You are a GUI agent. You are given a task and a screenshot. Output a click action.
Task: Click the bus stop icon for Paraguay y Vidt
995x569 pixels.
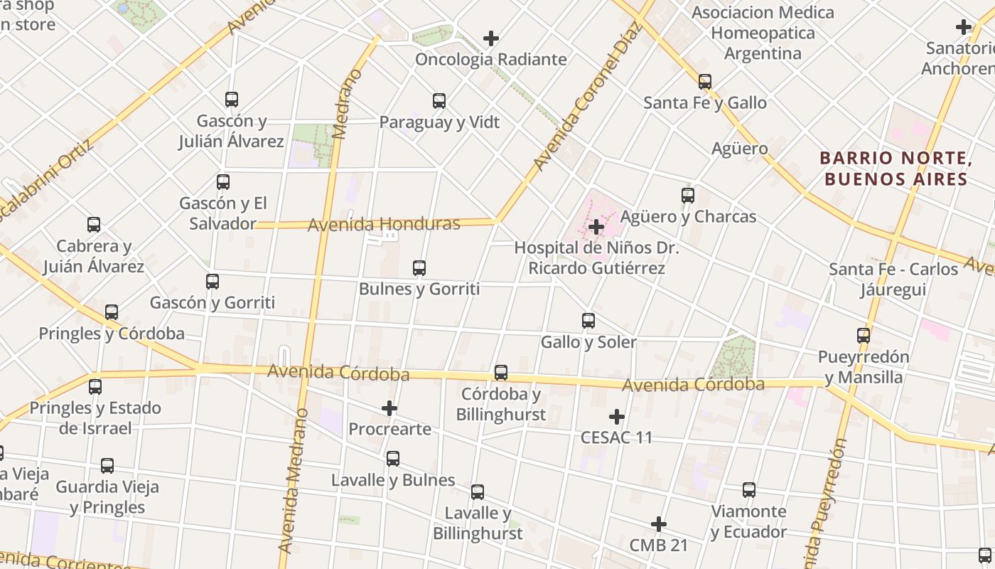click(x=439, y=101)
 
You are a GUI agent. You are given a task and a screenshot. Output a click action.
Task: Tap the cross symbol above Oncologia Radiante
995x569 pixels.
click(x=490, y=38)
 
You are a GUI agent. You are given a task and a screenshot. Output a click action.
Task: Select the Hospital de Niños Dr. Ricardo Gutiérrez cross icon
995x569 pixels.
click(x=596, y=227)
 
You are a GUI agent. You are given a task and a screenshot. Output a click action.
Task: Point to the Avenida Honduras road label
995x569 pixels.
click(x=384, y=225)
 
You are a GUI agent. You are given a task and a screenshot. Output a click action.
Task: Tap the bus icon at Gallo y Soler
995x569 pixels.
click(x=588, y=321)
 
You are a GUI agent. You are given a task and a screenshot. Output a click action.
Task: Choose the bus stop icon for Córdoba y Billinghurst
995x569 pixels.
click(x=501, y=373)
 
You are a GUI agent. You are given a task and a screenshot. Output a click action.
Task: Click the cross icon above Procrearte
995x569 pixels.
click(x=389, y=408)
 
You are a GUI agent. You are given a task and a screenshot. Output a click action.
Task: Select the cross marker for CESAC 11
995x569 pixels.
click(x=616, y=416)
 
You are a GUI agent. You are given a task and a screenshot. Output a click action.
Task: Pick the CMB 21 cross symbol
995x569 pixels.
click(x=659, y=524)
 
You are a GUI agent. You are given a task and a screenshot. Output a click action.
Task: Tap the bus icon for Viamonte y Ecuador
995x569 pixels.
click(x=749, y=490)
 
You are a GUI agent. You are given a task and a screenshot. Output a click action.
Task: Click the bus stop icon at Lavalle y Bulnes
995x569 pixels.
click(x=393, y=459)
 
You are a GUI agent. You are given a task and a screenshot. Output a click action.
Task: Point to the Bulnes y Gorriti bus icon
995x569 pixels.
click(x=419, y=268)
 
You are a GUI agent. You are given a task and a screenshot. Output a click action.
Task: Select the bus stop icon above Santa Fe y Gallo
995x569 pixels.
click(x=705, y=82)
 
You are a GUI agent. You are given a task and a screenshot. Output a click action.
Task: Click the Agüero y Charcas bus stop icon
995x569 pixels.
click(x=688, y=195)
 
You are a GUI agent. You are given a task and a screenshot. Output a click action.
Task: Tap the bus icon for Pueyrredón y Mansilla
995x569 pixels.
click(x=864, y=336)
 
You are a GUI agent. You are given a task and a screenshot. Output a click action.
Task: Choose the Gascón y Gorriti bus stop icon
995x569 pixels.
click(x=213, y=282)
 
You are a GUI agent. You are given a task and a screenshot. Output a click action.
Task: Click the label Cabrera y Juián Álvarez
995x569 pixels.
click(x=94, y=257)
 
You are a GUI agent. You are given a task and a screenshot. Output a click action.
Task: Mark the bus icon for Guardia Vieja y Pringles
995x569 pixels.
click(x=107, y=466)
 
